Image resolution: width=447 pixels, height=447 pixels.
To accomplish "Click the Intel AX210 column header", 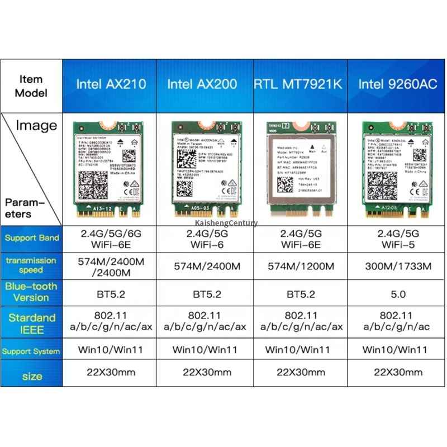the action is [x=111, y=84].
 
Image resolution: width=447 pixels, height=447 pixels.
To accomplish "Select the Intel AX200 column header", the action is [x=202, y=84].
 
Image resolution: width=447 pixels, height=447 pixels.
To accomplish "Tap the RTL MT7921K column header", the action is [x=298, y=84].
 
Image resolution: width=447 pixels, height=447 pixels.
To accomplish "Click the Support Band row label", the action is [x=32, y=238].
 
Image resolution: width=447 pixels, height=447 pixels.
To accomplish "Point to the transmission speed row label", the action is [x=31, y=265].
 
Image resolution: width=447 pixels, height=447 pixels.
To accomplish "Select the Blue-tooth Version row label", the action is [x=31, y=292].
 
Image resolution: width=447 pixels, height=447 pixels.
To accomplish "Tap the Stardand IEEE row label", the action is [x=32, y=324].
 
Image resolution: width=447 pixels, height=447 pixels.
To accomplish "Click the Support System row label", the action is [x=31, y=351].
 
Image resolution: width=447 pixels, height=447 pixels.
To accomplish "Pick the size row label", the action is [x=32, y=376].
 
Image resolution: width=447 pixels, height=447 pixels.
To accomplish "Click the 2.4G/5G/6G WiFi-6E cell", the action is [x=111, y=239].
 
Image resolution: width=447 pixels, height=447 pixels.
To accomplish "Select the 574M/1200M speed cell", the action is [x=298, y=265].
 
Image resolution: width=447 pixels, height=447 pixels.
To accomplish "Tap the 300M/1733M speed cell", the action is [x=394, y=265].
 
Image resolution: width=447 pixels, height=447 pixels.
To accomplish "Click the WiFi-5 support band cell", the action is [x=394, y=239].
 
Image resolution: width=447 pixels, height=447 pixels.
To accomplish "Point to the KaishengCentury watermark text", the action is [x=227, y=223].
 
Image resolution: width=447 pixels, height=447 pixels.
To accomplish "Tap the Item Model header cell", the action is [x=31, y=86].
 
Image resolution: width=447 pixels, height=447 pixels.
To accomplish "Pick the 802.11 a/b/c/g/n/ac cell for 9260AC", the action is [x=394, y=321].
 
